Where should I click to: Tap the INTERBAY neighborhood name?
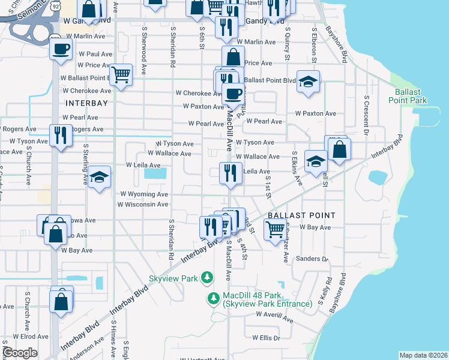tap(86, 103)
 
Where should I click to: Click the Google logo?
tap(20, 353)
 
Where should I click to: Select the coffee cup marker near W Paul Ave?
tap(61, 49)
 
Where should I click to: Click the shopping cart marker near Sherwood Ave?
tap(121, 75)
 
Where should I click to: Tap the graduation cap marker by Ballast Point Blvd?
tap(308, 81)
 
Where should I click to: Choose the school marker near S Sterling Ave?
tap(99, 178)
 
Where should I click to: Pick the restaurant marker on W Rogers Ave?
tap(61, 134)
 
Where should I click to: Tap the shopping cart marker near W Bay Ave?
tap(275, 228)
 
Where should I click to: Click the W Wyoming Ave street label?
tap(144, 194)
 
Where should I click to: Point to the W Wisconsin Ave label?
tap(143, 205)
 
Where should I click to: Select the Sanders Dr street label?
tap(313, 259)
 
